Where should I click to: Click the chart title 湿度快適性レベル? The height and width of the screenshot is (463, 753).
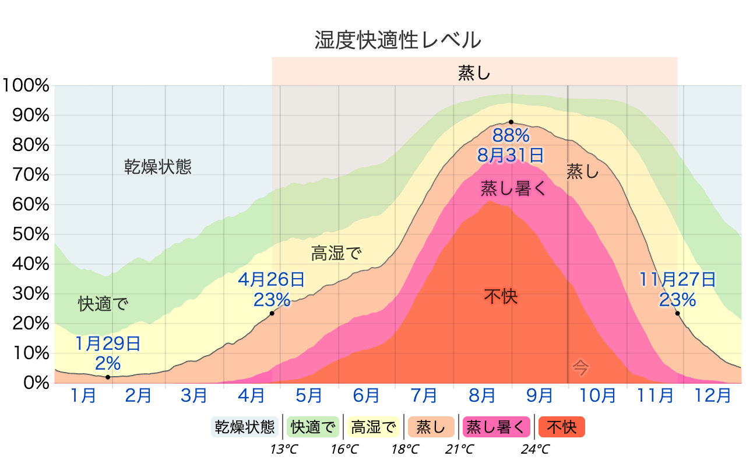point(397,41)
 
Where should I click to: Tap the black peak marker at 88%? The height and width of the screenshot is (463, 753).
point(511,122)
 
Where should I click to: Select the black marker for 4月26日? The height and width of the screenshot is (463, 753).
point(272,314)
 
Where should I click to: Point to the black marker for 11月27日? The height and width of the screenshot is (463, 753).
point(678,314)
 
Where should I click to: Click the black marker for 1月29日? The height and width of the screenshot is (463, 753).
point(108,377)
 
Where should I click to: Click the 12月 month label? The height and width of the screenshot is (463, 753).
point(713,396)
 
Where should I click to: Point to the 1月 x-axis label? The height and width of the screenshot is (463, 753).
point(83,396)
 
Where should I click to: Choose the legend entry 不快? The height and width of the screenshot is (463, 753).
point(561,427)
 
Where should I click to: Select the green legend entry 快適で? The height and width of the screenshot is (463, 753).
point(314,427)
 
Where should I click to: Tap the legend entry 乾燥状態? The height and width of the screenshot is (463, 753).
point(244,427)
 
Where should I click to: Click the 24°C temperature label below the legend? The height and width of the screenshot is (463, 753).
point(535,450)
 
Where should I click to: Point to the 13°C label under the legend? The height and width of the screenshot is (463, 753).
point(284,450)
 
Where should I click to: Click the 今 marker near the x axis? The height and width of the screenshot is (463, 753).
point(580,367)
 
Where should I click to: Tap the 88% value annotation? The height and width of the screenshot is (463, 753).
point(511,136)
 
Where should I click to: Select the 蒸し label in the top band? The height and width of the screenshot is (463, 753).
point(474,73)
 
